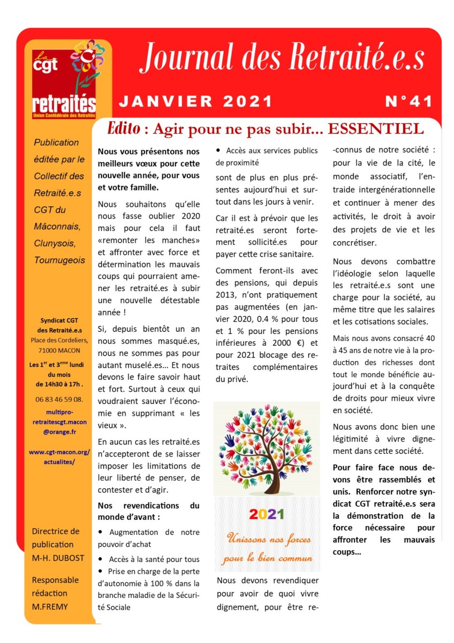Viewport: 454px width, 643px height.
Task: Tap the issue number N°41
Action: click(x=409, y=102)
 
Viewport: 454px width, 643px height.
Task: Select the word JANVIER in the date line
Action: click(x=163, y=102)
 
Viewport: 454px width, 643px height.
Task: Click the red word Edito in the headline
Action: click(x=125, y=129)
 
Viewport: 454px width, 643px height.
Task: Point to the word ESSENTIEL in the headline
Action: click(x=375, y=129)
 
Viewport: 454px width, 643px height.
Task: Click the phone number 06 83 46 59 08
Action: click(x=59, y=399)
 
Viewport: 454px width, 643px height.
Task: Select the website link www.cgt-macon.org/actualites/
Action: click(x=59, y=456)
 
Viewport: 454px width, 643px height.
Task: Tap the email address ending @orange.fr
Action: click(x=59, y=430)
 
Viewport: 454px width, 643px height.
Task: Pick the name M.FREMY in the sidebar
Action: click(x=50, y=606)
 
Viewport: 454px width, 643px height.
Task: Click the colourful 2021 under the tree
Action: click(x=266, y=514)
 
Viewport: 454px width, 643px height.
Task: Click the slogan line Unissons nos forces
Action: click(x=266, y=537)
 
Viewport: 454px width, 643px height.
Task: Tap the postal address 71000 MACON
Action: click(x=59, y=350)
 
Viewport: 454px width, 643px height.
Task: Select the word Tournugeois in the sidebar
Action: click(x=59, y=260)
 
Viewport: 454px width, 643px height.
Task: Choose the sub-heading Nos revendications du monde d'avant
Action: click(x=148, y=511)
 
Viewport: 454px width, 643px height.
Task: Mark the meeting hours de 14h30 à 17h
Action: click(x=59, y=384)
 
